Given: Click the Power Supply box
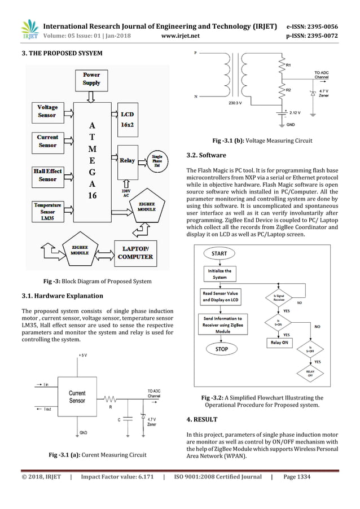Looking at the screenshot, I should pyautogui.click(x=91, y=78).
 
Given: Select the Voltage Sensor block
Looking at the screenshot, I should pyautogui.click(x=47, y=111).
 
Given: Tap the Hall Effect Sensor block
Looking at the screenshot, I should pyautogui.click(x=47, y=175).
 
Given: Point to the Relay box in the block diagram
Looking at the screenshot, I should pyautogui.click(x=128, y=161).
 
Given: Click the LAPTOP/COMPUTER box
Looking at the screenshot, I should pyautogui.click(x=134, y=253).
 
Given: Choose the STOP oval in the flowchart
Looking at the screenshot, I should pyautogui.click(x=222, y=349).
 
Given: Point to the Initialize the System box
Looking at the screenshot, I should pyautogui.click(x=219, y=274).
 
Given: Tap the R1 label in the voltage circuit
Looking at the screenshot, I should pyautogui.click(x=288, y=66).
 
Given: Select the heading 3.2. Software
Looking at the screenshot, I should pyautogui.click(x=206, y=155).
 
